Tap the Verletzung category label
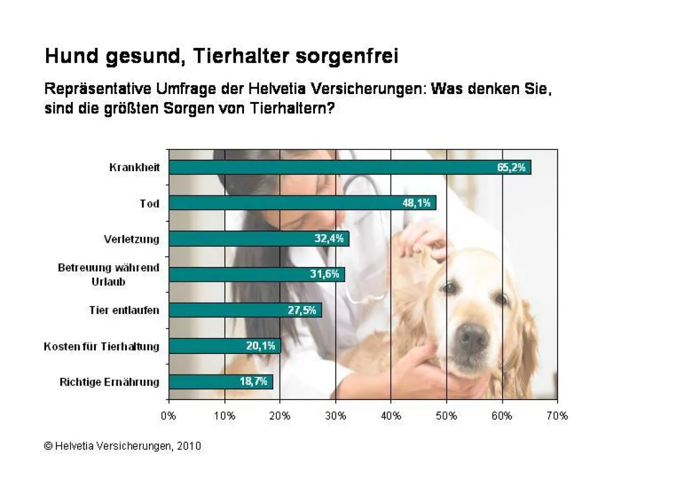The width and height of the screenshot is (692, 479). click(131, 239)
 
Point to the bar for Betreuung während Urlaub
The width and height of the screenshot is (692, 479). click(257, 274)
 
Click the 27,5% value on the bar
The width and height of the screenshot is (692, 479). click(302, 310)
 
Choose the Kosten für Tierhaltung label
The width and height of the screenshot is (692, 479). click(101, 346)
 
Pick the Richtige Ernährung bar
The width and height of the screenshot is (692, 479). click(221, 382)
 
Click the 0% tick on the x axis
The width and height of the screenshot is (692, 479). click(168, 416)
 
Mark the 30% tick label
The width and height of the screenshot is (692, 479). click(336, 416)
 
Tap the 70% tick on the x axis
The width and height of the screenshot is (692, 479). click(557, 416)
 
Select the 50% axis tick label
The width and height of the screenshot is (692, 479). click(446, 416)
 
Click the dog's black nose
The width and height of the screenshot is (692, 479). click(473, 338)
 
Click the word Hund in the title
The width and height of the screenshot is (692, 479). click(69, 56)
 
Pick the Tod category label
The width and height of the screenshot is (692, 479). click(149, 203)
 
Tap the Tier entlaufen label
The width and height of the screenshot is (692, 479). click(124, 311)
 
